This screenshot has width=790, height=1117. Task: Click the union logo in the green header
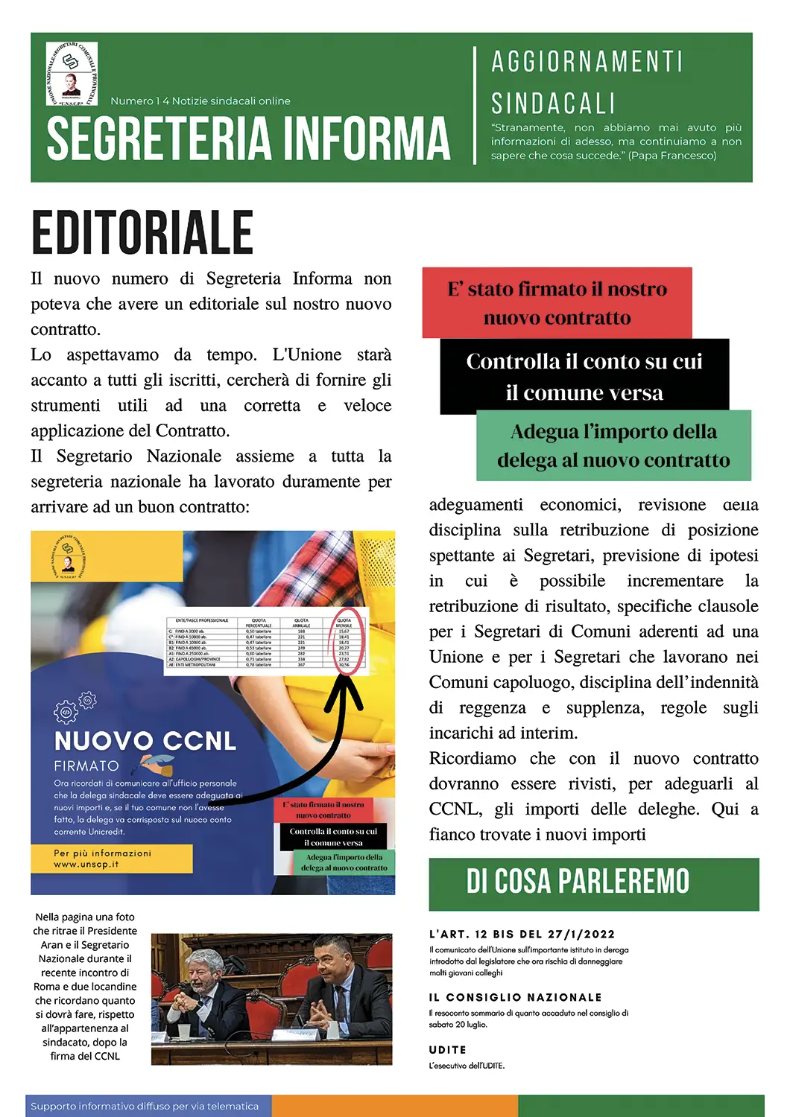pyautogui.click(x=72, y=73)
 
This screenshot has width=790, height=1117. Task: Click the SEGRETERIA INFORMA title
pyautogui.click(x=248, y=139)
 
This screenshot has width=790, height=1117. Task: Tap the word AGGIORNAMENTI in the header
pyautogui.click(x=587, y=62)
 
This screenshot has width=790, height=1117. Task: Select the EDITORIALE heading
pyautogui.click(x=142, y=233)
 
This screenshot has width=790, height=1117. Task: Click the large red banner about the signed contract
pyautogui.click(x=557, y=303)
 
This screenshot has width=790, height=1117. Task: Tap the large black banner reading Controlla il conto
pyautogui.click(x=584, y=377)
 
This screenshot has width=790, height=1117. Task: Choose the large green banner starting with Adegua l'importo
pyautogui.click(x=613, y=445)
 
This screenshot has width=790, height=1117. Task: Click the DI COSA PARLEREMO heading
pyautogui.click(x=578, y=882)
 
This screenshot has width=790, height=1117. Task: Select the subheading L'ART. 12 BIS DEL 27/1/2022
pyautogui.click(x=522, y=934)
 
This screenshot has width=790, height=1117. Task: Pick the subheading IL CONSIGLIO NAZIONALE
pyautogui.click(x=515, y=997)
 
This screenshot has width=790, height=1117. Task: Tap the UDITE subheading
pyautogui.click(x=447, y=1049)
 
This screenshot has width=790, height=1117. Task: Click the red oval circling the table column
pyautogui.click(x=347, y=641)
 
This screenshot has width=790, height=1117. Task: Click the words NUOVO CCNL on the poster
pyautogui.click(x=145, y=741)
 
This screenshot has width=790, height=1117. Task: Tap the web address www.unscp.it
pyautogui.click(x=86, y=865)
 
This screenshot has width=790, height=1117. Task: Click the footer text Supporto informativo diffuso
pyautogui.click(x=145, y=1106)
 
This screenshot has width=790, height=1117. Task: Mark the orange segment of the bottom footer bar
pyautogui.click(x=394, y=1106)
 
